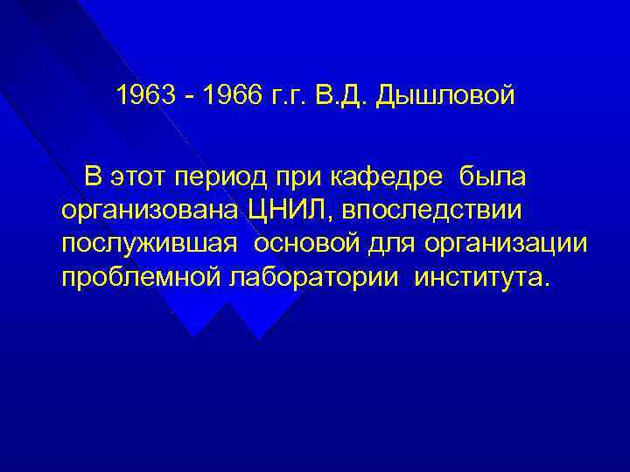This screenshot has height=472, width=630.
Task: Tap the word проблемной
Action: click(142, 279)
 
